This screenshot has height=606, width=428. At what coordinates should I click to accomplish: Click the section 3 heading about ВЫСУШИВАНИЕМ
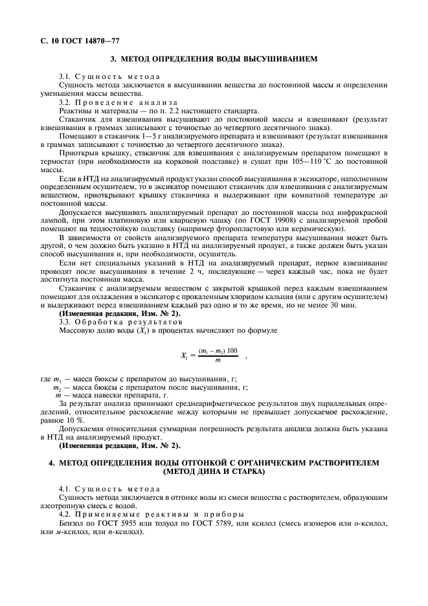(x=214, y=59)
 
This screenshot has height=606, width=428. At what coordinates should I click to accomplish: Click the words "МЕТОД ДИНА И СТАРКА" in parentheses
(x=214, y=471)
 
